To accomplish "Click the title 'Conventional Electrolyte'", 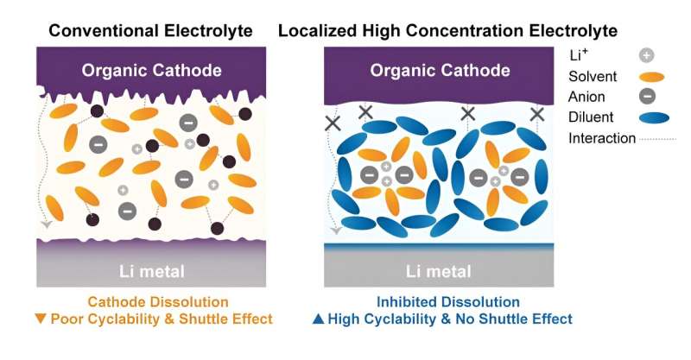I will pos(151,31).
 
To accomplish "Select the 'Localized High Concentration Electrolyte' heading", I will pos(447,31).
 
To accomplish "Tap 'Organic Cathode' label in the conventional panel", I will pos(152,71).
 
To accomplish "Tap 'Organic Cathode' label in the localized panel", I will pos(439,71).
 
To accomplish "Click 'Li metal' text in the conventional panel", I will pos(151,272).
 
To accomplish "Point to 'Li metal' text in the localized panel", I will pos(439,272).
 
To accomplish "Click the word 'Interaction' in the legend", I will pos(602,138).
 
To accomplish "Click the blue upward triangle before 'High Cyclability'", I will pos(317,319).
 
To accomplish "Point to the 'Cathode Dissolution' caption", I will pos(157,302).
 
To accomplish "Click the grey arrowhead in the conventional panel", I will pos(46,226).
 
